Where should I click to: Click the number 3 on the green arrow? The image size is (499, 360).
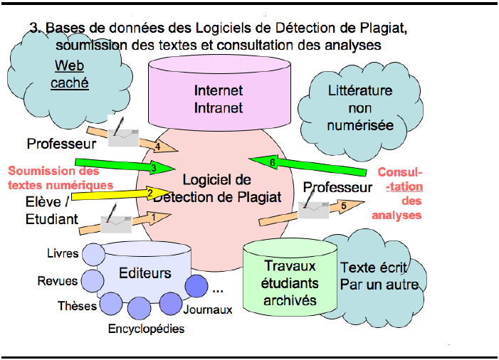point(153,168)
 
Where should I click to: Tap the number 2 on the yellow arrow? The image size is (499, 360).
point(150,192)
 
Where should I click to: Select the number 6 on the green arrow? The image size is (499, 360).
point(272,162)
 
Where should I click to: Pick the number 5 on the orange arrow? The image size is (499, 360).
point(344,207)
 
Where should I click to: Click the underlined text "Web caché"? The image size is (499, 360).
point(70,75)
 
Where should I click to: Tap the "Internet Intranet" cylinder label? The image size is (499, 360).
point(219,100)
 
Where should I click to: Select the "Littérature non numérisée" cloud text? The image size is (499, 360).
point(360,109)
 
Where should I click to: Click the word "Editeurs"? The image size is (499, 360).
point(145,272)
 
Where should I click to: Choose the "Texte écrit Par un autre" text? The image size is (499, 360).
point(374,277)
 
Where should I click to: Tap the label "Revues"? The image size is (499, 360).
point(58,281)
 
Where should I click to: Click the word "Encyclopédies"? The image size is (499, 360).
point(146,329)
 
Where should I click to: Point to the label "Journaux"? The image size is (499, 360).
point(208,310)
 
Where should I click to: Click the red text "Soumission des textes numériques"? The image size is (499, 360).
point(61,178)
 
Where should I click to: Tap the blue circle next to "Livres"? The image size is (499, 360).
point(93,253)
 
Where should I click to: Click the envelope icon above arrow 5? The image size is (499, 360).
point(312,208)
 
